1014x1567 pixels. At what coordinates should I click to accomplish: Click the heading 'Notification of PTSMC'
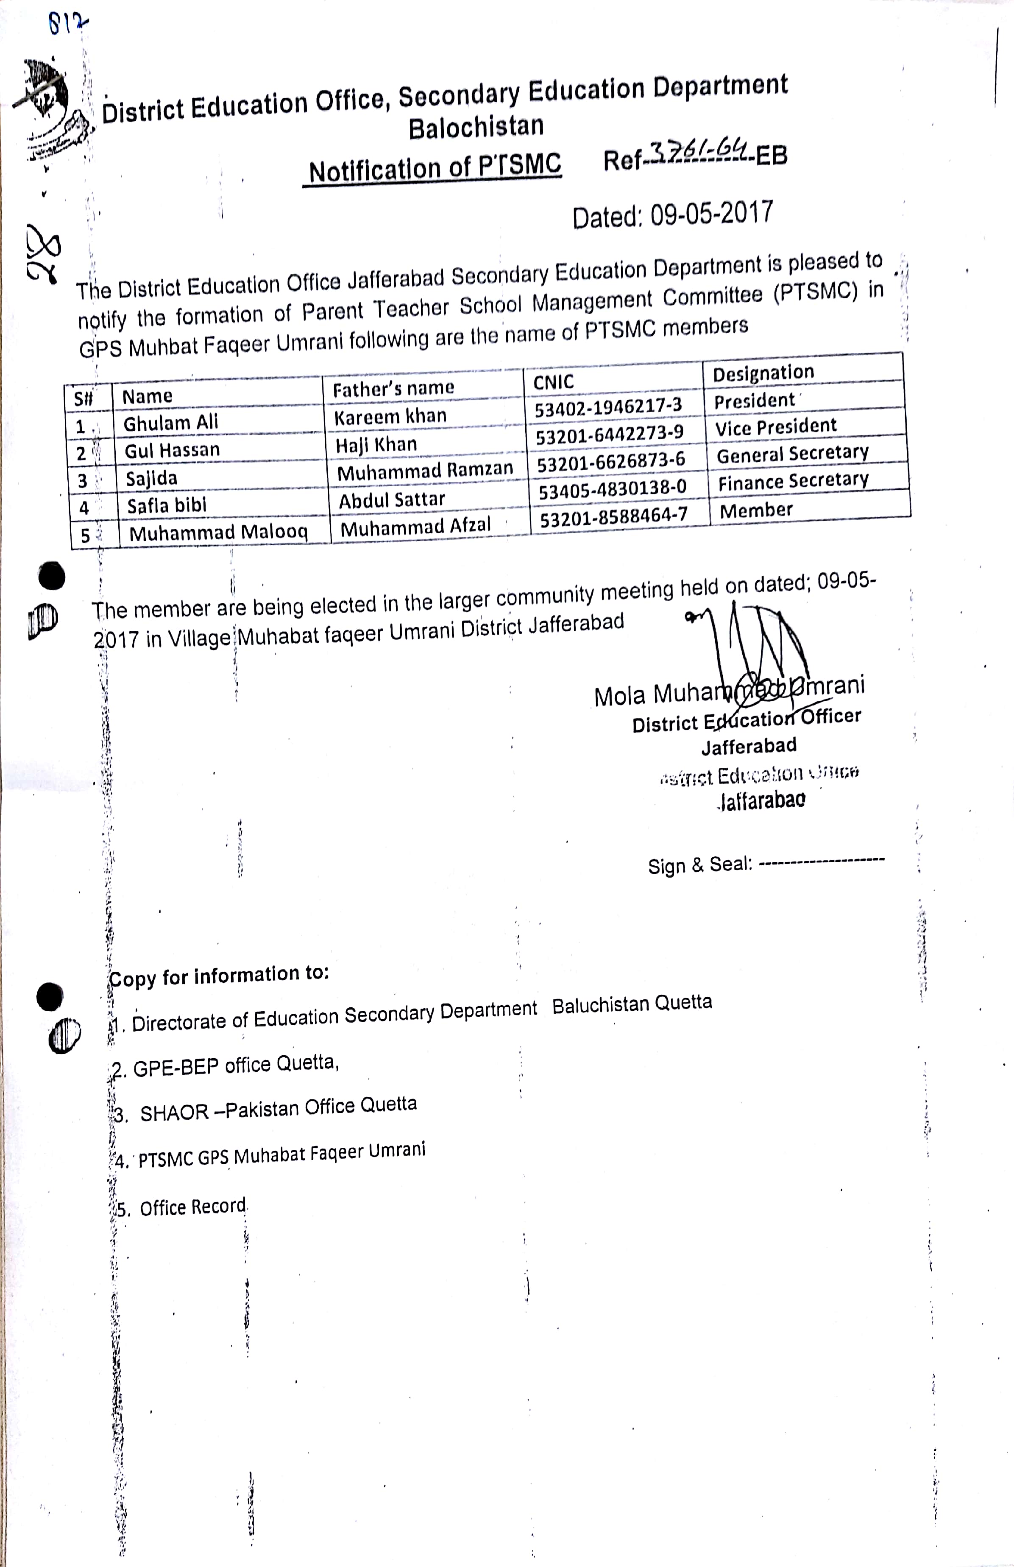click(435, 169)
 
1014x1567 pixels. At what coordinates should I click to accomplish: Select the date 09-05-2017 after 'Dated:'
click(711, 214)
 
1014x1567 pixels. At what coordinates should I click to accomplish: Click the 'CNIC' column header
click(553, 382)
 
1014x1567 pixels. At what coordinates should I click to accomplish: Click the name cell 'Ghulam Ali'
click(170, 422)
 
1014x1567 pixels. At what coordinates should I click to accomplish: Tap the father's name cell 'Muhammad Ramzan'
click(425, 471)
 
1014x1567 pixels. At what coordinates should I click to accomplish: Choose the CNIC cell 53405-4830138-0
click(613, 488)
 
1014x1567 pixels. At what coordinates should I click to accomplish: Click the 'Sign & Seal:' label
click(699, 864)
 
